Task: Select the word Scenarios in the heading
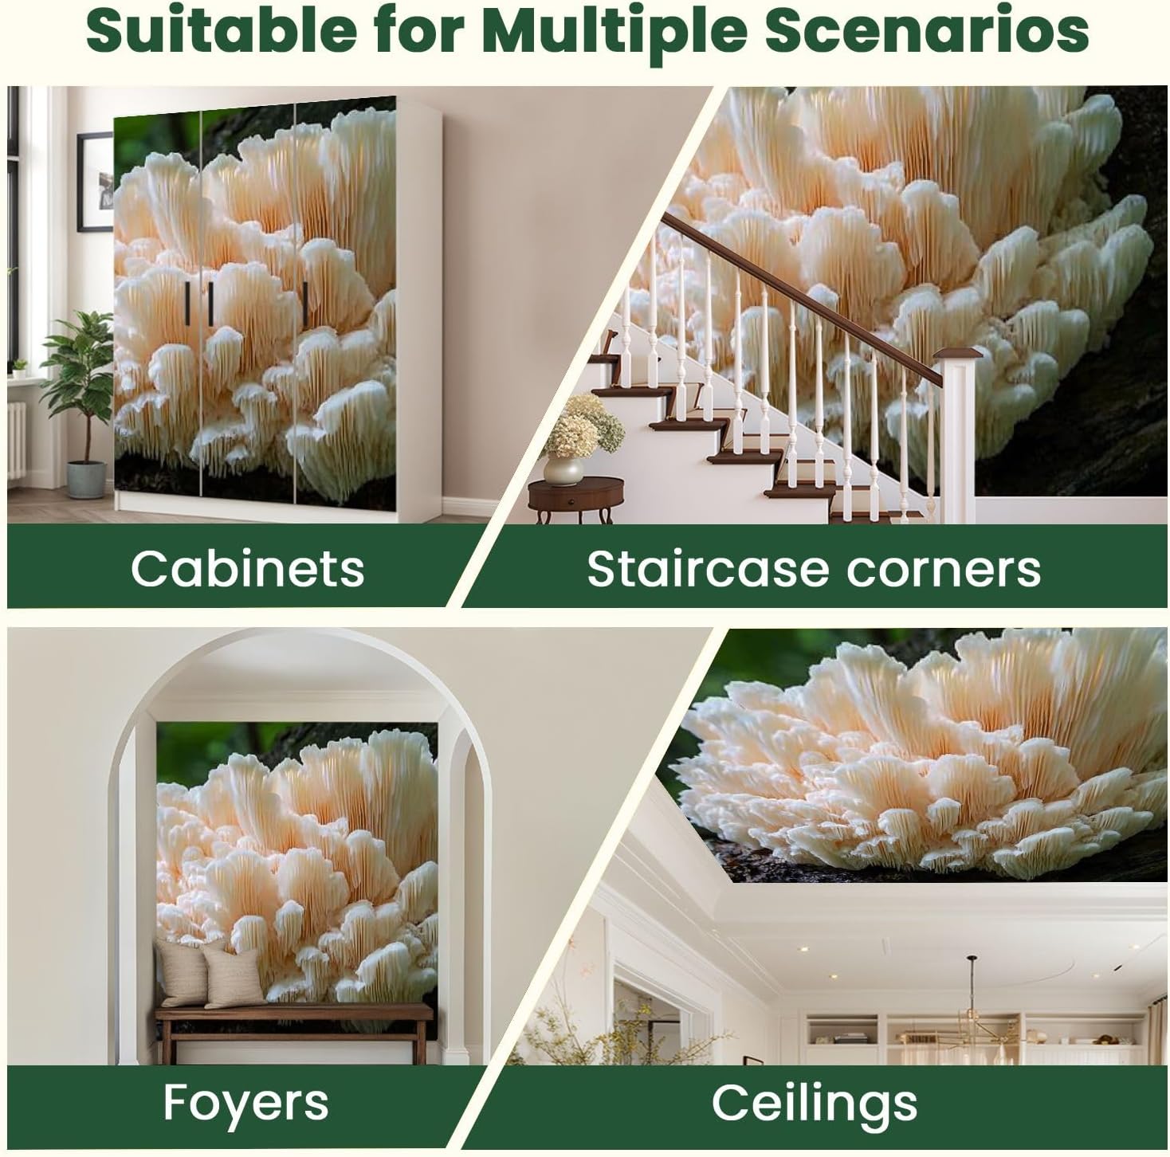[926, 29]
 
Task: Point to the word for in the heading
[420, 29]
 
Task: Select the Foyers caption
[245, 1104]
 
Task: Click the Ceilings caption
[815, 1104]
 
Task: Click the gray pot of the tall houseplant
[86, 480]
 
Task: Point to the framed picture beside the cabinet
[96, 182]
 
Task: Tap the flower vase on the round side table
[563, 471]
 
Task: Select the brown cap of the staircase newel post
[957, 353]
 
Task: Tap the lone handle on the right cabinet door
[305, 303]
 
